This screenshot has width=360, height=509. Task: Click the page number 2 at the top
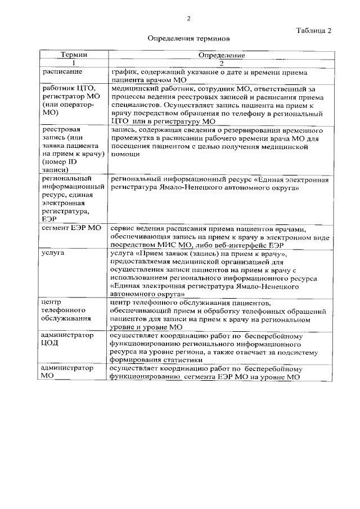[188, 19]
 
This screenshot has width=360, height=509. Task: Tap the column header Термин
[74, 56]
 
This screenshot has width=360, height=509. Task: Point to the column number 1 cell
[74, 64]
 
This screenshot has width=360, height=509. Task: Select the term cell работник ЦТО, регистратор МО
[70, 100]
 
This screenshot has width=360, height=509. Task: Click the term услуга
[54, 254]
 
